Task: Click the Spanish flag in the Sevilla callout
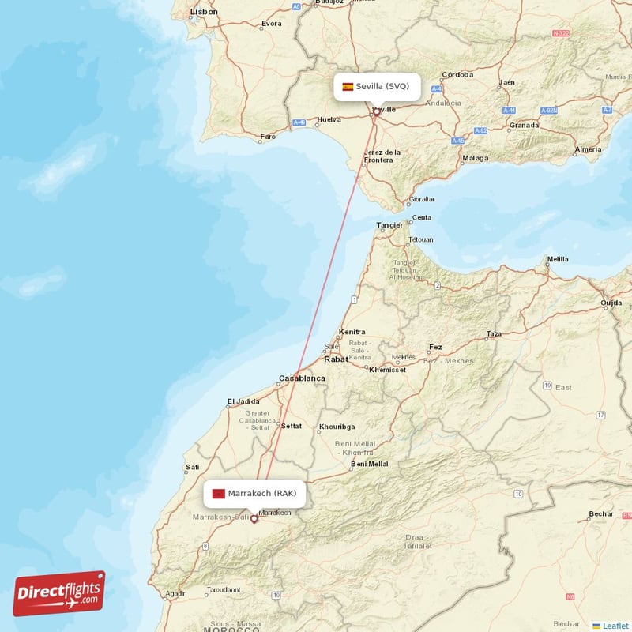click(348, 86)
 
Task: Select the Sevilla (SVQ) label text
click(382, 86)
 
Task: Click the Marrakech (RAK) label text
click(261, 494)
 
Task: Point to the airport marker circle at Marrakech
click(254, 519)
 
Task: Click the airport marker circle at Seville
click(377, 111)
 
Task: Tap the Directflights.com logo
click(59, 593)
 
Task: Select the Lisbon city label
click(204, 12)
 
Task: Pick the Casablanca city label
click(302, 379)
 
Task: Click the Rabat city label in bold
click(336, 359)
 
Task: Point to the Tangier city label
click(389, 225)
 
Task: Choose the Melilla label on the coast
click(558, 259)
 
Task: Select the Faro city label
click(269, 137)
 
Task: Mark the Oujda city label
click(611, 303)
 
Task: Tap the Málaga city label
click(476, 158)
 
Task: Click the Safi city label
click(191, 467)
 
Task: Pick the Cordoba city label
click(457, 75)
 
